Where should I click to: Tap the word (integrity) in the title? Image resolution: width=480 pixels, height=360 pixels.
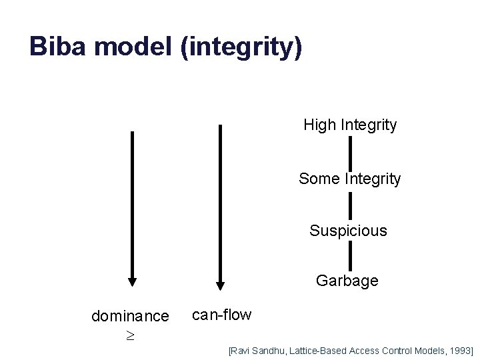[241, 48]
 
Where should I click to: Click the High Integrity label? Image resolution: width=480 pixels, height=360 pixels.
[350, 125]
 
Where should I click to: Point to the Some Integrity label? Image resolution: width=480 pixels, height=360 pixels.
[350, 179]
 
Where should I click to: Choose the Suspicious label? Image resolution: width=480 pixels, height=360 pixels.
[348, 231]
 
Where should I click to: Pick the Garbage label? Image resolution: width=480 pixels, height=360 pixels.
[347, 281]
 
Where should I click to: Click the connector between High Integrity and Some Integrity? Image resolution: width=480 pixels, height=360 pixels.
[350, 152]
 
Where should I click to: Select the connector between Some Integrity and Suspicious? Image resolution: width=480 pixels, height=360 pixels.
[350, 205]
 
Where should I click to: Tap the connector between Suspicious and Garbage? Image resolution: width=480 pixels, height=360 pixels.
[350, 256]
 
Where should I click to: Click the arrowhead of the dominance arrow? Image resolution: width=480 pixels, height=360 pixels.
[132, 280]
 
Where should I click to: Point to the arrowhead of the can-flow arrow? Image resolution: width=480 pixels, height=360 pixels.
[220, 287]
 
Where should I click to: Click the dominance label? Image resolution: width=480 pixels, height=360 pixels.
[130, 315]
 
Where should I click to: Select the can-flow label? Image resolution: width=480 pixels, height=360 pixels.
[221, 315]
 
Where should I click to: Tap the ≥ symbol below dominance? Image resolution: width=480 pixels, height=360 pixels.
[130, 335]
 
